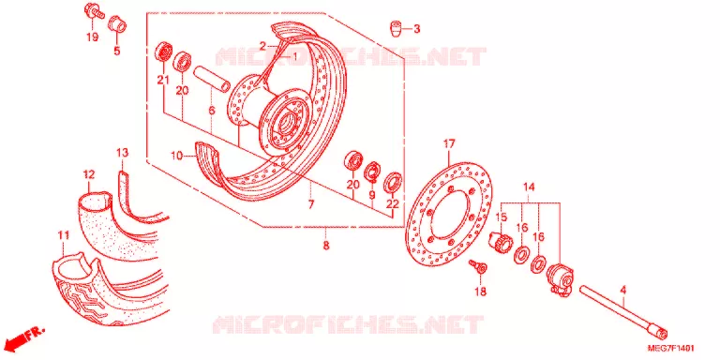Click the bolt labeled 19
click(x=94, y=11)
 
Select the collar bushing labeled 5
click(x=117, y=24)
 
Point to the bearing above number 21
click(x=163, y=52)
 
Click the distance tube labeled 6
click(x=211, y=79)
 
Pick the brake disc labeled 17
click(x=449, y=216)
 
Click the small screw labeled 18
click(x=477, y=267)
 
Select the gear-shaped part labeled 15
click(x=502, y=242)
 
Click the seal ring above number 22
click(x=394, y=181)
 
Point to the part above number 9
click(x=373, y=172)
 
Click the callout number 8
click(x=326, y=246)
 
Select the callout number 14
click(x=529, y=187)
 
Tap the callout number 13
click(x=122, y=153)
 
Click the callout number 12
click(x=89, y=174)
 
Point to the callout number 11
click(x=63, y=235)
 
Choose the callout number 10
click(x=177, y=157)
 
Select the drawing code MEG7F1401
click(x=670, y=348)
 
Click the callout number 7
click(x=311, y=204)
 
